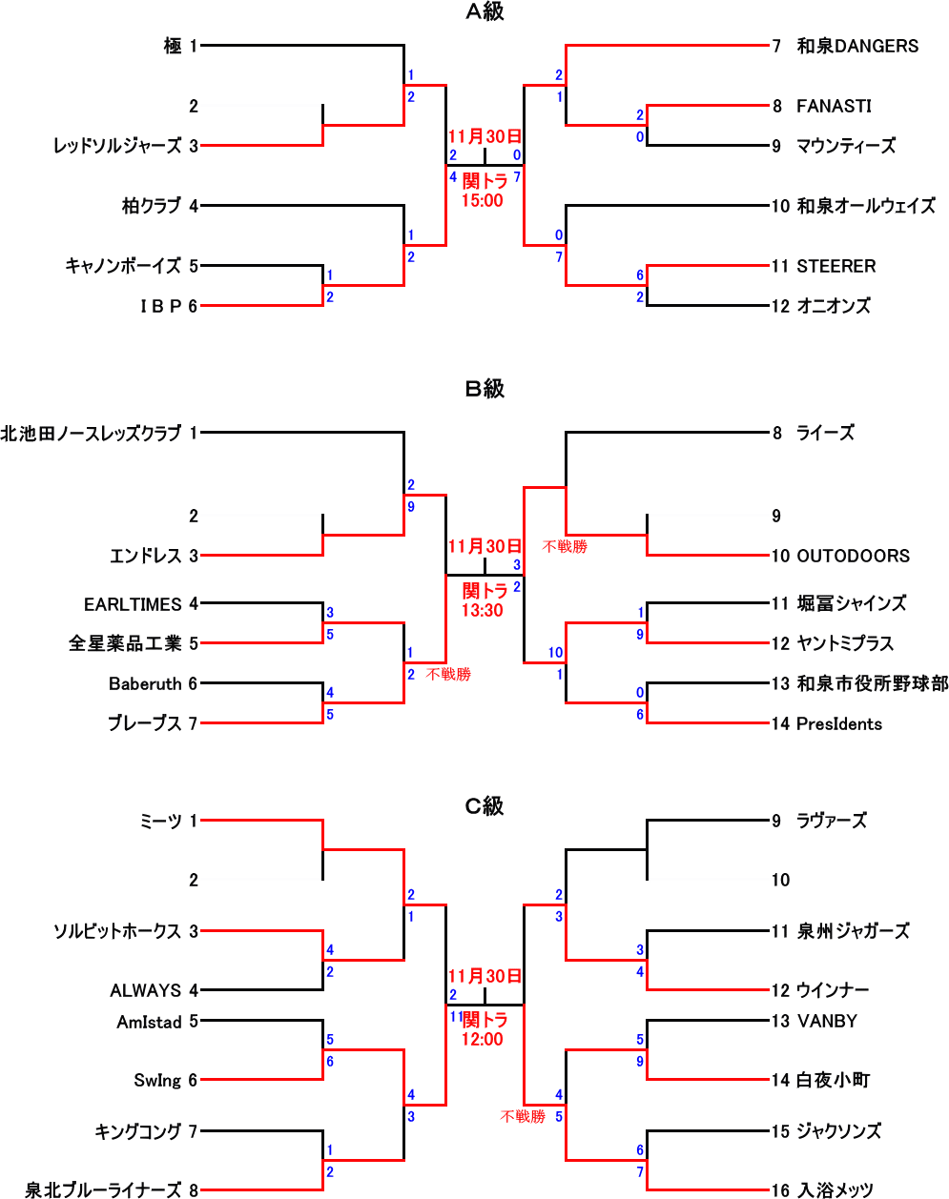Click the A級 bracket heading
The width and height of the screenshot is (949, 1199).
click(x=485, y=11)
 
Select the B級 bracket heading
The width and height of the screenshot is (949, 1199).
click(x=485, y=389)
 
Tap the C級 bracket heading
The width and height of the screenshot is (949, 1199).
click(x=485, y=806)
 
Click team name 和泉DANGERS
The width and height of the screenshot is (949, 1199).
click(x=857, y=46)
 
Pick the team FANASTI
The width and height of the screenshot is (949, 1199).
click(x=834, y=106)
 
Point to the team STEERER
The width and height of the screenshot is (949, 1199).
click(x=836, y=266)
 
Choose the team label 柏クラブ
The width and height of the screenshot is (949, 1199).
click(x=152, y=205)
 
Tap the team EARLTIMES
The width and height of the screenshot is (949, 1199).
click(x=133, y=604)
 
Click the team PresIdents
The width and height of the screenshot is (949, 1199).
click(x=839, y=723)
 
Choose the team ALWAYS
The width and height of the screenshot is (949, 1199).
click(x=145, y=990)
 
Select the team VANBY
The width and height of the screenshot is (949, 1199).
click(x=827, y=1021)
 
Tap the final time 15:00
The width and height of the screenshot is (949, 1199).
click(x=482, y=200)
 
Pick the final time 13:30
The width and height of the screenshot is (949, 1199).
click(x=482, y=610)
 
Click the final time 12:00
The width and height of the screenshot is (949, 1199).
click(x=482, y=1039)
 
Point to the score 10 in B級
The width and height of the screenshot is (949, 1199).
click(x=555, y=652)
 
